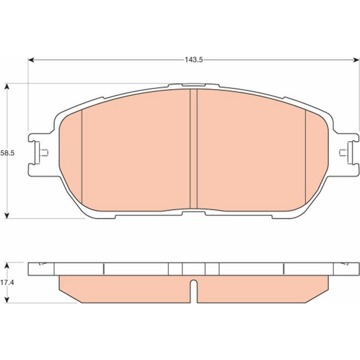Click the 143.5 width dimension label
coord(194,60)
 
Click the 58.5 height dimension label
coord(7,153)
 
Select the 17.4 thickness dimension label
coord(7,283)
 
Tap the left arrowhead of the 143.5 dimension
coord(31,60)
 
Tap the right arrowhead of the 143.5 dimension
coord(356,60)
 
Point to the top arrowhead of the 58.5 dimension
coord(7,86)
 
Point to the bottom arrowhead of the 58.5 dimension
coord(7,215)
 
